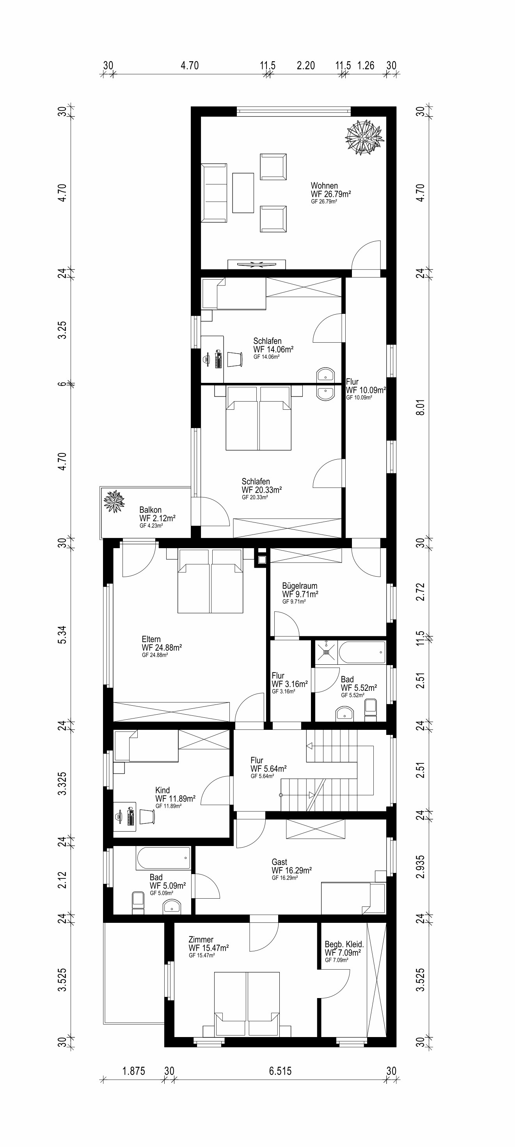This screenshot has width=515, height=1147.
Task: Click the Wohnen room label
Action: (x=324, y=186)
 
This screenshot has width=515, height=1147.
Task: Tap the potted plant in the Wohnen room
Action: (x=364, y=138)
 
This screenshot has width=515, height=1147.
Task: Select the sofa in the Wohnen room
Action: (x=214, y=192)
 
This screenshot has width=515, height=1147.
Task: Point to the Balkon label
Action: (x=150, y=510)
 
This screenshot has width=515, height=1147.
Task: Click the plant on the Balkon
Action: (x=114, y=501)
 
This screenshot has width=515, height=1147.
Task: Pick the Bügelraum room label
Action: (x=300, y=586)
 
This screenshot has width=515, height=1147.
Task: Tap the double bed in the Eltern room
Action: (x=210, y=581)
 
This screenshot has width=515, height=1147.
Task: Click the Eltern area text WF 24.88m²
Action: (x=162, y=648)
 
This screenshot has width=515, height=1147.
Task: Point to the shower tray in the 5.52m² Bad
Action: (x=327, y=652)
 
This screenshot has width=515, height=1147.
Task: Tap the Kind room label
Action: (x=162, y=790)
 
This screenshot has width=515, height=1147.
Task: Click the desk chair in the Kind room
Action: (x=147, y=816)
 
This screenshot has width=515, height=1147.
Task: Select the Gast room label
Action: (x=279, y=862)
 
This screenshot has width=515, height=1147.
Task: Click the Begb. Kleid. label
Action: (x=345, y=944)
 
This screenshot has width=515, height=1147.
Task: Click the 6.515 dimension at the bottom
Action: (x=280, y=1071)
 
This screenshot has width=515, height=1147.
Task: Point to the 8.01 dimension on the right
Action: (x=420, y=407)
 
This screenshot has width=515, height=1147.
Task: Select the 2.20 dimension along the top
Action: (x=306, y=65)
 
